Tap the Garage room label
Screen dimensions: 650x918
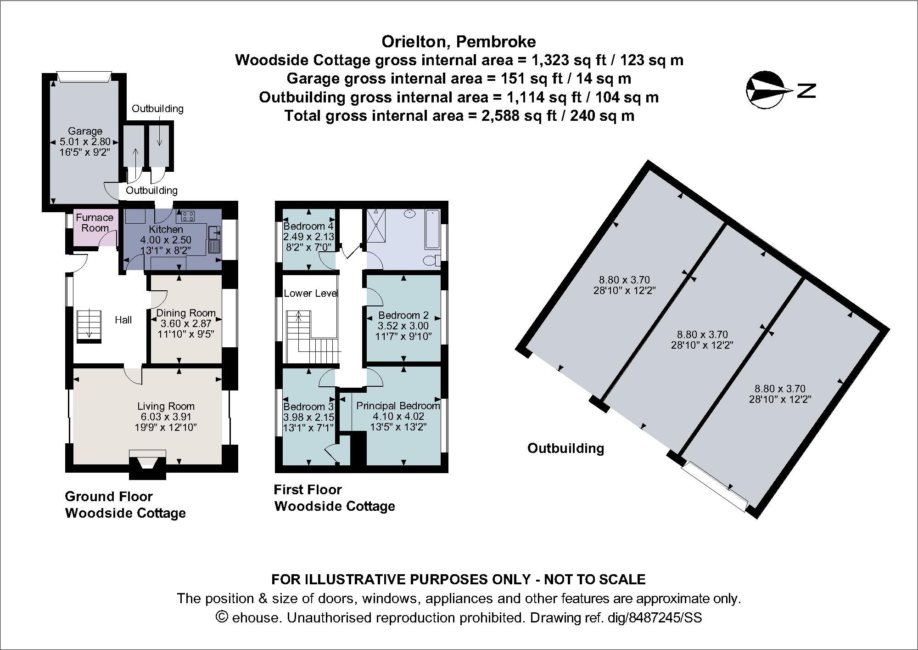click(85, 131)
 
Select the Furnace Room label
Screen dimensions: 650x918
click(95, 222)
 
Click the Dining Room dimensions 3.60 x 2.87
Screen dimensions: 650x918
click(185, 324)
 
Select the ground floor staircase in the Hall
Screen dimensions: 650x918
click(89, 325)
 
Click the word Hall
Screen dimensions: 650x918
click(123, 320)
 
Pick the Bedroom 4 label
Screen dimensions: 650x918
click(308, 226)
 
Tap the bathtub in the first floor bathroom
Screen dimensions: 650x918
click(432, 228)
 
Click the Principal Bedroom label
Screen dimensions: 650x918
click(397, 406)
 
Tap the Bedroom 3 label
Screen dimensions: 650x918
click(308, 407)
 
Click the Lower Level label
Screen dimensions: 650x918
click(310, 294)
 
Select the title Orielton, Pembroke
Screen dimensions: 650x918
click(459, 42)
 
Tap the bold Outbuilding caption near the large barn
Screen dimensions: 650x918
click(565, 448)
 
